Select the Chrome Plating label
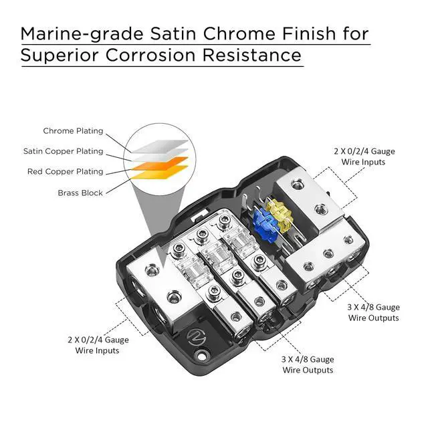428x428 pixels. [73, 131]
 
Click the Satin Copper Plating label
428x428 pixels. [63, 151]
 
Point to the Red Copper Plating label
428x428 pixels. [65, 172]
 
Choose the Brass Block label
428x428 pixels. [80, 193]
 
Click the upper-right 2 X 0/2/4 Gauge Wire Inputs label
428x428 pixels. [364, 156]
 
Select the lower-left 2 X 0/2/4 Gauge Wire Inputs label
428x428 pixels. [98, 345]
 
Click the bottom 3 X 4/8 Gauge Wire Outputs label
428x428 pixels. [308, 364]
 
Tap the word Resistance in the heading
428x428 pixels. [261, 55]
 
